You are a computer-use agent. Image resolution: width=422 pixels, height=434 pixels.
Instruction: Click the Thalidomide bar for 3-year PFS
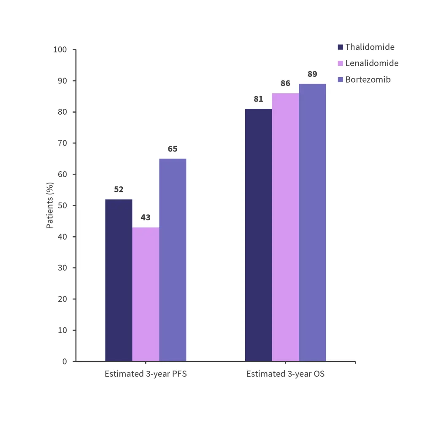click(119, 280)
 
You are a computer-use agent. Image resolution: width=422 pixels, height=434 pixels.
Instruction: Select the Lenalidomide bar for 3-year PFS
click(146, 294)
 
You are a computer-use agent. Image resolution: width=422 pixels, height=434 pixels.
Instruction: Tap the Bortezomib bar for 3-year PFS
click(173, 260)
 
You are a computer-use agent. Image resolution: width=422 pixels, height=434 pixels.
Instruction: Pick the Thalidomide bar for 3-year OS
click(258, 235)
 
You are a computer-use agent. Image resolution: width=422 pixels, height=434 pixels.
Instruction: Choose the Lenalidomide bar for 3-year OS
click(285, 227)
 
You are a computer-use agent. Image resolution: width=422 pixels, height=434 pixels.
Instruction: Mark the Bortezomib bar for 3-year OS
click(312, 223)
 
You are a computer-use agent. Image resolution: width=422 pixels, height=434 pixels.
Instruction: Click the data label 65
click(173, 149)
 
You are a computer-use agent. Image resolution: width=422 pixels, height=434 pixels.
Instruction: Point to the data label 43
click(146, 218)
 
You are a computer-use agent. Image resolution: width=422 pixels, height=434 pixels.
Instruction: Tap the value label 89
click(312, 74)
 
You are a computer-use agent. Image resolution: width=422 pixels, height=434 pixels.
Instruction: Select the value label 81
click(258, 99)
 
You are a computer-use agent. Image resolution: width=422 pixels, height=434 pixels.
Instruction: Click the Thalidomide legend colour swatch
click(341, 47)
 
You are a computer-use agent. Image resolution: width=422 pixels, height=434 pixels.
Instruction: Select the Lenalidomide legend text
click(372, 63)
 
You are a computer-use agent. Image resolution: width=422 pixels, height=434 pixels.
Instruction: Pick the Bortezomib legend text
click(368, 79)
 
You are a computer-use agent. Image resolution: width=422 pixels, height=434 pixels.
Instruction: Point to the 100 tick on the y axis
click(60, 50)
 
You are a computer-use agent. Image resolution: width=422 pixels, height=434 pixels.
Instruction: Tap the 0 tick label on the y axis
click(65, 361)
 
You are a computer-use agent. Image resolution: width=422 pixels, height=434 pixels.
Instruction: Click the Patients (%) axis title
click(50, 205)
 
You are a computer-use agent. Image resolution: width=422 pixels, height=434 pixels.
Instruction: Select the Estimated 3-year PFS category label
click(146, 374)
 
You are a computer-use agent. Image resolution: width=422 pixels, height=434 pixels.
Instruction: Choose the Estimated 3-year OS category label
click(285, 374)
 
